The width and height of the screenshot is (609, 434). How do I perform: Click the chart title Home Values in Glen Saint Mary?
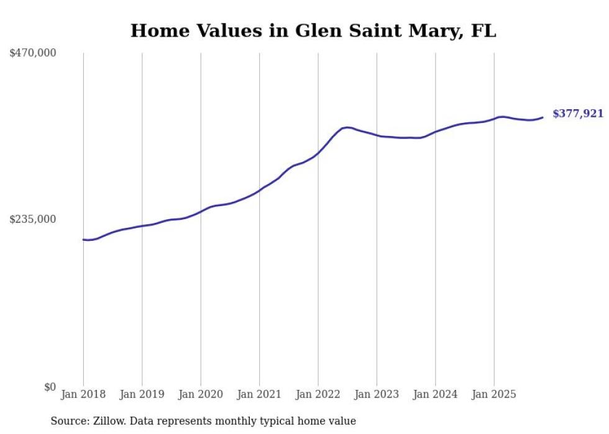click(x=313, y=30)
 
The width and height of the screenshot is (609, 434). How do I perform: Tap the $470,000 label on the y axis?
click(x=33, y=53)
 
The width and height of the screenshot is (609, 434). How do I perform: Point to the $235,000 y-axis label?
click(x=33, y=219)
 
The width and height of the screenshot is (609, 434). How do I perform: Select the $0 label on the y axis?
click(x=50, y=387)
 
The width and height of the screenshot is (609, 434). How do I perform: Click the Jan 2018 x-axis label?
click(x=83, y=394)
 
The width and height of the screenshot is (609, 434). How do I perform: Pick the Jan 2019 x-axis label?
click(x=142, y=394)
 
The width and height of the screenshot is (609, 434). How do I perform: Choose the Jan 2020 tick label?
click(x=201, y=394)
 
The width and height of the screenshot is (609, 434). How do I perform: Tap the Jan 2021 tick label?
click(x=259, y=394)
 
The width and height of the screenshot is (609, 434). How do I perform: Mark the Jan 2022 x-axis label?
click(x=318, y=394)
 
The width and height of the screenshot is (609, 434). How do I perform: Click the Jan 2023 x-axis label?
click(x=377, y=394)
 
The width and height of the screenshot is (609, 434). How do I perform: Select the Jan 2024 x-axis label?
click(x=435, y=394)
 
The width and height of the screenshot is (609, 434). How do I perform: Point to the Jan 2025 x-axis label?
click(x=494, y=394)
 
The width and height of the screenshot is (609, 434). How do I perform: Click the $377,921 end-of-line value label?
click(x=578, y=114)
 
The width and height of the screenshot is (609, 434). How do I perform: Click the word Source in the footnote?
click(x=68, y=421)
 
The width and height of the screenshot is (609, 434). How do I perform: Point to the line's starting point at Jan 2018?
click(x=83, y=240)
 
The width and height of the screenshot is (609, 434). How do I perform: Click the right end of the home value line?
click(x=543, y=117)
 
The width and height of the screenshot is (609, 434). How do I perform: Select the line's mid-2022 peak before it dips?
click(x=346, y=127)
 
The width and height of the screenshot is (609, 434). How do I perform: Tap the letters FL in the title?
click(x=483, y=30)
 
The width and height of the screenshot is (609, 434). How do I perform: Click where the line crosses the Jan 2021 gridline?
click(x=259, y=189)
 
